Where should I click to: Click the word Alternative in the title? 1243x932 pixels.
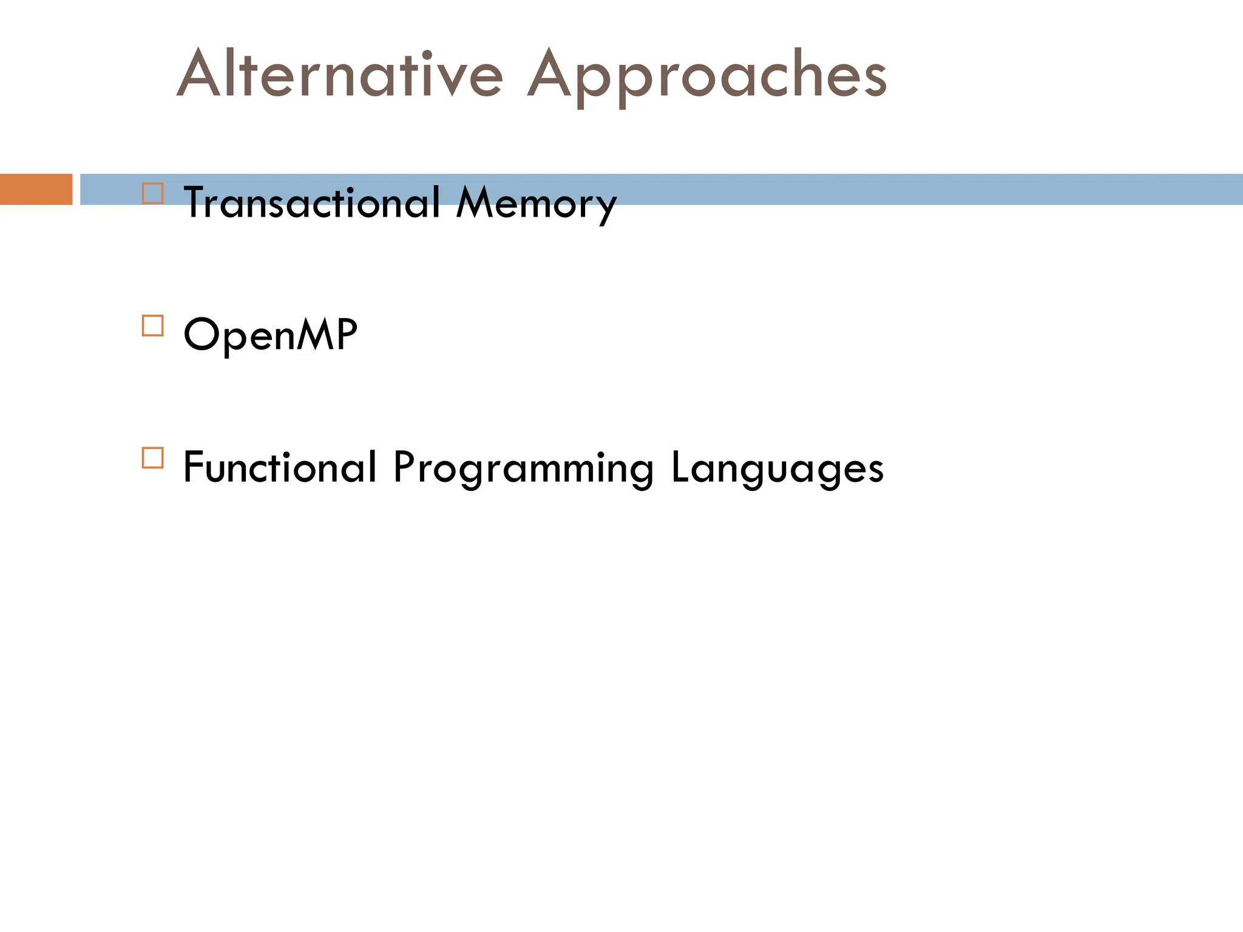point(340,74)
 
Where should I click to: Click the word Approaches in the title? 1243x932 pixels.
point(707,76)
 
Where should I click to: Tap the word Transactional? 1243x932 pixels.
point(311,203)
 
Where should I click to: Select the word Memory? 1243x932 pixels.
point(537,204)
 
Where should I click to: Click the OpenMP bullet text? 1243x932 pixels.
point(270,334)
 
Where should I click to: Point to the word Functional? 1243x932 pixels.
point(280,467)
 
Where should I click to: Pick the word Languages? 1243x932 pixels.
point(777,468)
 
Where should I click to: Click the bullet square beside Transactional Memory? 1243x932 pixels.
point(153,194)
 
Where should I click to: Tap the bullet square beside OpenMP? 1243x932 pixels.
point(153,326)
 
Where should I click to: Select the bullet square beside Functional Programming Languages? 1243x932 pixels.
point(153,458)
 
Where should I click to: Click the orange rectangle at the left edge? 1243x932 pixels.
point(36,189)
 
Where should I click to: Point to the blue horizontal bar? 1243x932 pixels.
point(910,189)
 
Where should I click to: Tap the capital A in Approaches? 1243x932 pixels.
point(550,74)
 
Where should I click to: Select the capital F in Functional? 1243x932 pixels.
point(195,467)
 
